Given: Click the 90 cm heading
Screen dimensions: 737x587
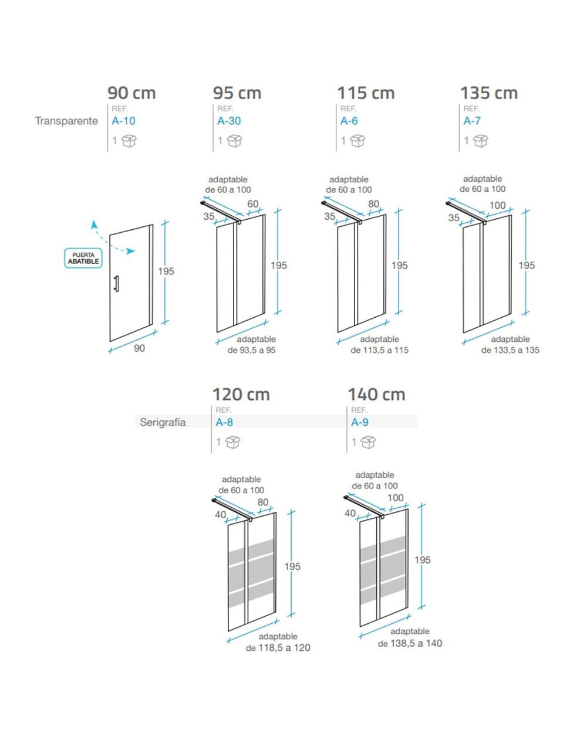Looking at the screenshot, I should (131, 93).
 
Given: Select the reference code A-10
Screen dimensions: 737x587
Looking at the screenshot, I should (123, 121).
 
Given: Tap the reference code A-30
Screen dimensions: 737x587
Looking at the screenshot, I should (229, 121).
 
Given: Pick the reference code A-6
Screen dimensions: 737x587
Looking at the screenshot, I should (349, 121).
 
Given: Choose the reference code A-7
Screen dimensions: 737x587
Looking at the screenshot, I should (472, 121).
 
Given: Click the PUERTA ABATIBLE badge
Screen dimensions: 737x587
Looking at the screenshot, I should (83, 258).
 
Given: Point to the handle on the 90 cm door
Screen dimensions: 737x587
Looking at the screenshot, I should (116, 283).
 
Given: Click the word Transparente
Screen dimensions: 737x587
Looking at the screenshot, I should (66, 121).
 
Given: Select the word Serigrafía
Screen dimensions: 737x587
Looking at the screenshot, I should (163, 422).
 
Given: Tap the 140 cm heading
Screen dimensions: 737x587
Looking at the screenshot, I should (376, 395).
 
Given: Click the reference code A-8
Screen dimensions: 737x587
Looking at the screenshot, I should (224, 422).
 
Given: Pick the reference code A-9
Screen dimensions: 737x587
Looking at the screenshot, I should (360, 422).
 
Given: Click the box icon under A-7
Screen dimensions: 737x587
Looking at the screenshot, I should (481, 141).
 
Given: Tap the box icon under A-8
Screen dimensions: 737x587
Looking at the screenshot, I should (233, 442).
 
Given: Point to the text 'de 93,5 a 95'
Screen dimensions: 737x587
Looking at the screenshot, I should (251, 350).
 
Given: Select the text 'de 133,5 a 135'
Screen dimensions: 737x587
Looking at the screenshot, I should (510, 350).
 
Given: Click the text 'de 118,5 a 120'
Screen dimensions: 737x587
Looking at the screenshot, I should (278, 648).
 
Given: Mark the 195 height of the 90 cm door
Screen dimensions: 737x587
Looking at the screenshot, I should (166, 271).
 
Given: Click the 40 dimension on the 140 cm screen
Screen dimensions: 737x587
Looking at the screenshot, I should (350, 513).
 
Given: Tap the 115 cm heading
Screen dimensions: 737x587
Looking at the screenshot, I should (366, 93).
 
